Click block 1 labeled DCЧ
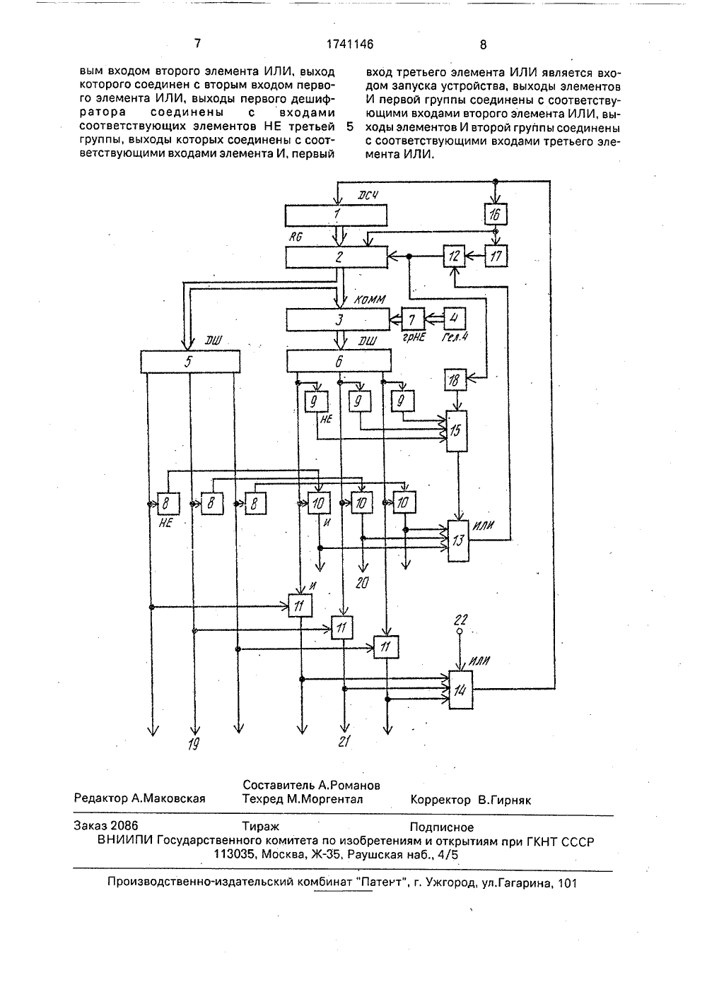336,215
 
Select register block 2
337,257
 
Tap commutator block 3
338,319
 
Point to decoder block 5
190,362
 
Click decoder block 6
339,361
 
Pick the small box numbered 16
496,215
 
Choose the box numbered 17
496,256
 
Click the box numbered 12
455,256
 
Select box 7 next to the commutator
413,319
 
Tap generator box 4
455,319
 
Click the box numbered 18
455,380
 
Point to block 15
457,431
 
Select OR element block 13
459,541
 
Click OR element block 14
461,691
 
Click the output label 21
344,741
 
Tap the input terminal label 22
461,620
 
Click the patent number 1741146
350,44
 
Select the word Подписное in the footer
441,827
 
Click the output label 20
362,583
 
